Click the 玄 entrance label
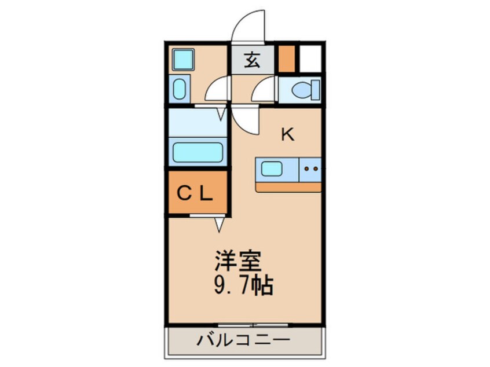click(x=252, y=60)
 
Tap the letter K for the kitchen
click(x=287, y=135)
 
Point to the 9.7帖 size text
click(x=243, y=285)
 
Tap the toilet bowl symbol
click(x=303, y=90)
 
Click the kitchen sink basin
click(x=270, y=169)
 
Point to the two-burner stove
click(x=310, y=169)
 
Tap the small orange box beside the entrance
click(x=286, y=58)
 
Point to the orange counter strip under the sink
click(x=288, y=187)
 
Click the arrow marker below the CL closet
click(x=220, y=224)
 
